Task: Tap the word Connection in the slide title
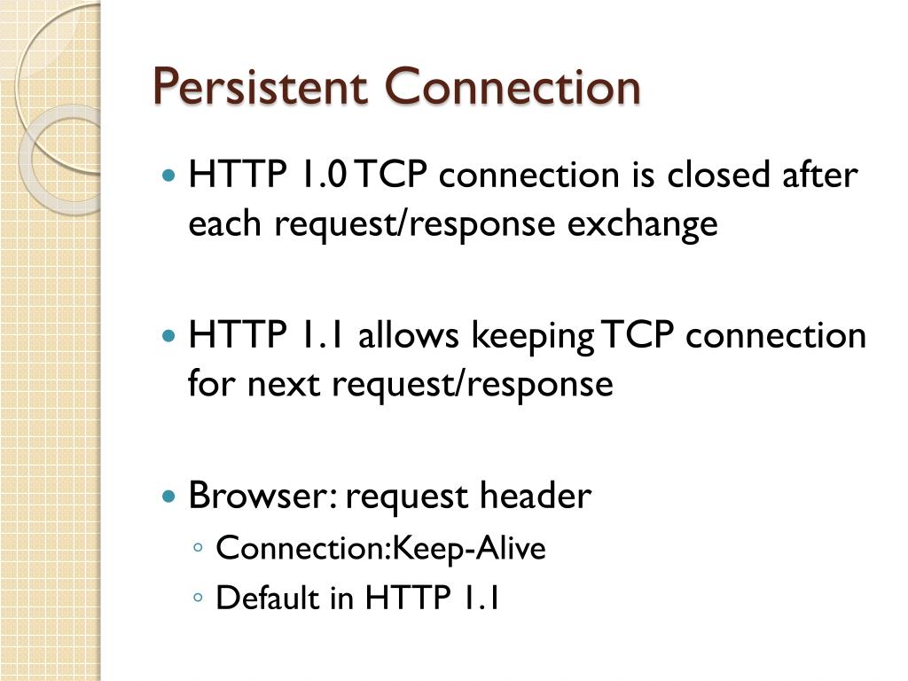(513, 88)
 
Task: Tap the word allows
(409, 336)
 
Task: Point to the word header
(535, 496)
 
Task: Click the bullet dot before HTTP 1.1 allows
(170, 337)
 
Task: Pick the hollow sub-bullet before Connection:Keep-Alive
(198, 550)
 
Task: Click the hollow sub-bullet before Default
(198, 599)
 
